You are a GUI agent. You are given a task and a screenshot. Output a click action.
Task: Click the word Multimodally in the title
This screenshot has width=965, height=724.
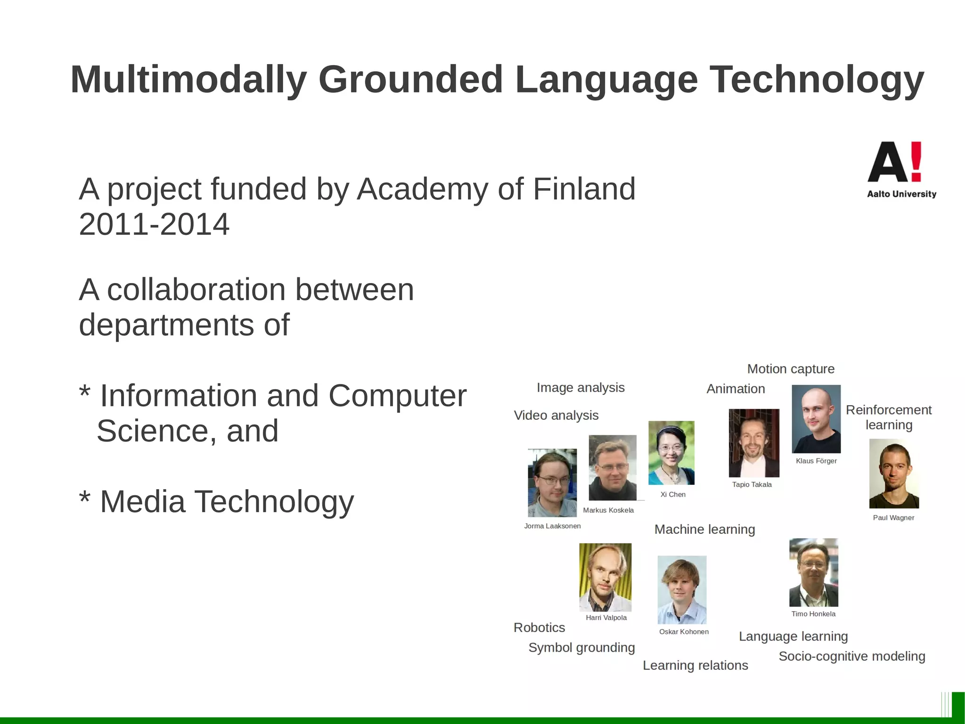point(188,79)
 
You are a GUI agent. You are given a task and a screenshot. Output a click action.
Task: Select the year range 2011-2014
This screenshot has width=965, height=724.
point(154,225)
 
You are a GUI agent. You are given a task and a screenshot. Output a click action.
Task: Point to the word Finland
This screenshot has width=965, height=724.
point(584,189)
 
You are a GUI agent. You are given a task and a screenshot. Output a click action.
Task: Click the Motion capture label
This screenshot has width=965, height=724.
point(790,369)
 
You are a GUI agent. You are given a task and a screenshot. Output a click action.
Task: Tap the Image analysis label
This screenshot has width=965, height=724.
point(580,388)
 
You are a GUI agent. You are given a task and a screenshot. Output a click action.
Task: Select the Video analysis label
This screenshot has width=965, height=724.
point(556,416)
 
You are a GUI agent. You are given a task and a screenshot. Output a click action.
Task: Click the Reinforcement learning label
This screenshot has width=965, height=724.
point(888,417)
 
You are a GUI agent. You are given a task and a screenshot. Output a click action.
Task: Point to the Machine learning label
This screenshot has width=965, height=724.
point(704,530)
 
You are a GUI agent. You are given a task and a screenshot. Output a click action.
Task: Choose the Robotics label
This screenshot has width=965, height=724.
point(539,628)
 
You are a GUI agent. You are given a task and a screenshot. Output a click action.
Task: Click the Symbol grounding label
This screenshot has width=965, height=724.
point(581,648)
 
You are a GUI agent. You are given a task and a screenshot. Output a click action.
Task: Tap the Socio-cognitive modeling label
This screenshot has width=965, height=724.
point(851,657)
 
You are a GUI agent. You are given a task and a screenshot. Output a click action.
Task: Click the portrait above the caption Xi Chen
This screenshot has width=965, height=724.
point(671,453)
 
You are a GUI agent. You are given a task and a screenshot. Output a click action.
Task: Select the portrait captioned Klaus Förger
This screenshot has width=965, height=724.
point(816,419)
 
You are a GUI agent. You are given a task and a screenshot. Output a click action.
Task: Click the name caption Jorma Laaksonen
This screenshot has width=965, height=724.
point(552,526)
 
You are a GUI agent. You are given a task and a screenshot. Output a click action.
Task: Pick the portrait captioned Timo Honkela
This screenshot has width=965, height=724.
point(813,572)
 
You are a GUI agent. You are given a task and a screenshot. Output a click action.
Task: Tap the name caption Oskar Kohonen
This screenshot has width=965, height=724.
point(683,632)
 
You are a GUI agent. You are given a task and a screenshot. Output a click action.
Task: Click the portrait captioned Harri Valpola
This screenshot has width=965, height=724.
point(605,577)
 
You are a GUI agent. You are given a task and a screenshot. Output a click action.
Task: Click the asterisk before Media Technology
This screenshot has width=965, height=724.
point(85,498)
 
